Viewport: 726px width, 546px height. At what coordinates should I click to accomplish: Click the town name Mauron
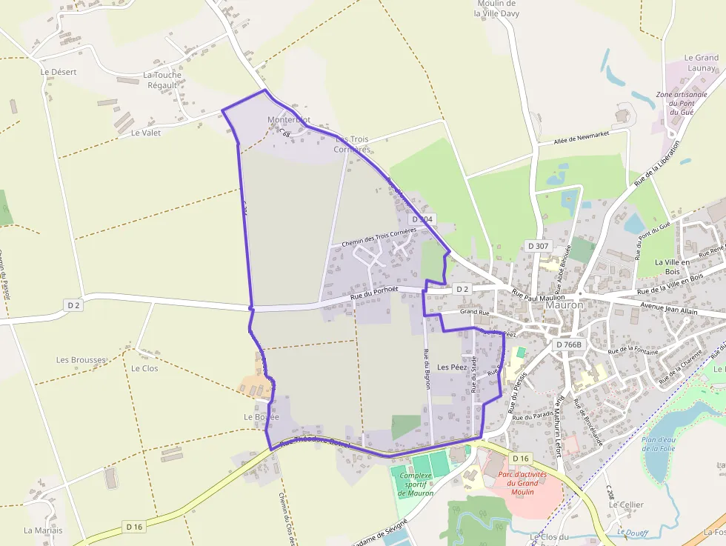click(x=565, y=304)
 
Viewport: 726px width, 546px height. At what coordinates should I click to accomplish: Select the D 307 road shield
click(x=538, y=245)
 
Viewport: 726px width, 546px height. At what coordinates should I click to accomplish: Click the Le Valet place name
click(x=145, y=133)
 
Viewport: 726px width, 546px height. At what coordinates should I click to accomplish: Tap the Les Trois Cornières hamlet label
click(x=352, y=144)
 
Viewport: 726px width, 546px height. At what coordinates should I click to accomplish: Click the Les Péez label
click(x=452, y=367)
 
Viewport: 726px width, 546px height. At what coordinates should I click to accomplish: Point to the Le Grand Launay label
click(x=701, y=62)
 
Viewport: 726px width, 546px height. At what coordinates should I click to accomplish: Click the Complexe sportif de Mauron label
click(x=415, y=485)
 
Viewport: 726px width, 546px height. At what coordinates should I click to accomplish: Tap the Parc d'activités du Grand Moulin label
click(x=522, y=483)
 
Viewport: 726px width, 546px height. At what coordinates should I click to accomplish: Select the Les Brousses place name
click(x=81, y=360)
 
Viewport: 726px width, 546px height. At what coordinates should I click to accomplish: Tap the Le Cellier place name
click(x=626, y=505)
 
